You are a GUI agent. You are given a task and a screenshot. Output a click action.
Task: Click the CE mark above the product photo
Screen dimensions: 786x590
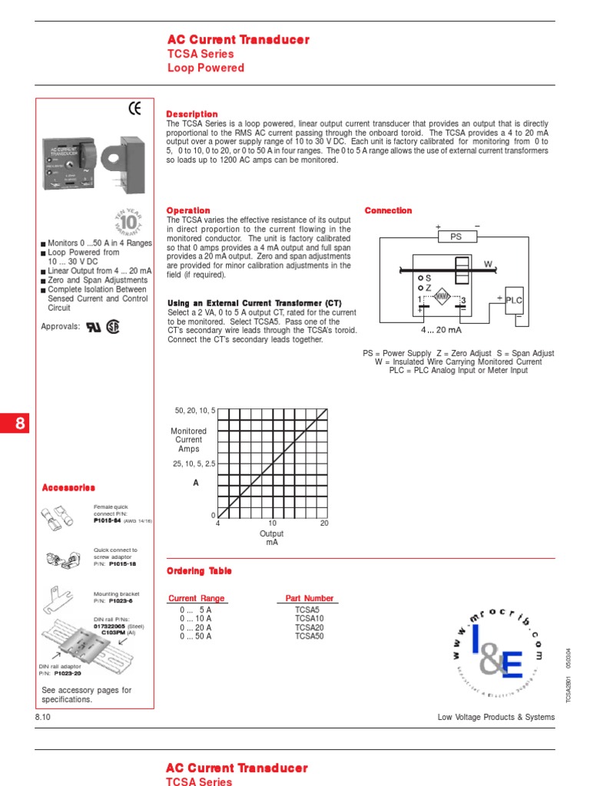coord(134,109)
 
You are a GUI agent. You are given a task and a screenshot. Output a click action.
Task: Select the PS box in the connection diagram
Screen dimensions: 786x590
coord(456,237)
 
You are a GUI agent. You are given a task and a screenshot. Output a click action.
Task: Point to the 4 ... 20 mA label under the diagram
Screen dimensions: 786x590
coord(441,330)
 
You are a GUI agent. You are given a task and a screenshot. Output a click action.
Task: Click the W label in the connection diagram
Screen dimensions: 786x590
coord(487,263)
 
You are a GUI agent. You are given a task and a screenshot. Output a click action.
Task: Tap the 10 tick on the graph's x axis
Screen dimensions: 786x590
coord(272,523)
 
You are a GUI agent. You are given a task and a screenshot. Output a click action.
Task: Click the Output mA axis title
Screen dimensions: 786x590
coord(272,537)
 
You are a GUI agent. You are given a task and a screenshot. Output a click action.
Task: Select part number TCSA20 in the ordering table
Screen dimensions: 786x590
coord(310,627)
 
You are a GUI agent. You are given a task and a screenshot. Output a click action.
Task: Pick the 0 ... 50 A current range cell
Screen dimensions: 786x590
coord(196,636)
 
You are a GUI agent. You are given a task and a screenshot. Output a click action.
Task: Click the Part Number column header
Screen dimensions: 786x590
coord(310,598)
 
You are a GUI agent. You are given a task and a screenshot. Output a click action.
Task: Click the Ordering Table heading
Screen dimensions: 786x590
coord(199,571)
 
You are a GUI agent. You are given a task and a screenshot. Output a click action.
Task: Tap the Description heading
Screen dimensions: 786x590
coord(192,114)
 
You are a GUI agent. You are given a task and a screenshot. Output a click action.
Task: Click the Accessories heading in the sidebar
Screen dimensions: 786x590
coord(68,487)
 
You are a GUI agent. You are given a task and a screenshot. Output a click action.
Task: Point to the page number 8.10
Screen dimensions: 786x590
coord(43,717)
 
